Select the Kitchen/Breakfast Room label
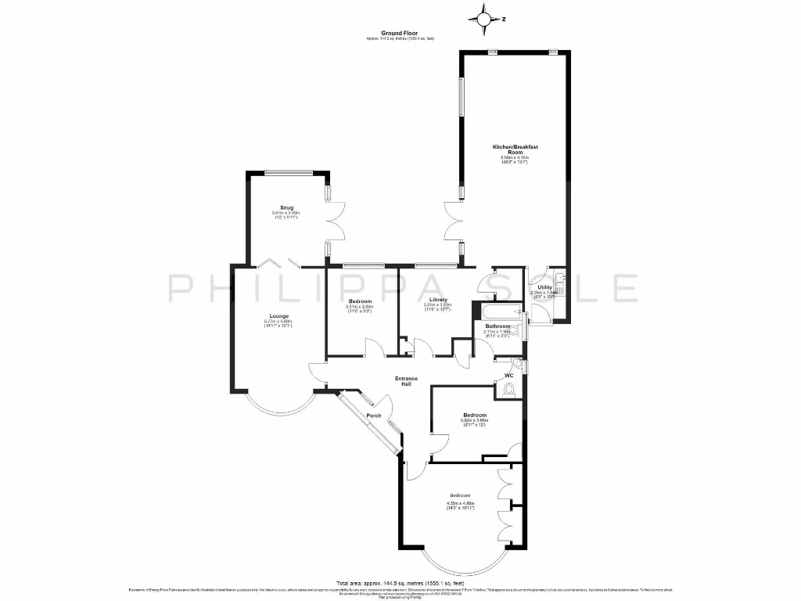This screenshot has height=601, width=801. tap(515, 149)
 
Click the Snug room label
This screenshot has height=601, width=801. tap(286, 207)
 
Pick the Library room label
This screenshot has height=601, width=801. tap(438, 300)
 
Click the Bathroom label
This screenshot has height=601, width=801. tap(497, 326)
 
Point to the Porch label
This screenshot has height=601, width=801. tap(374, 415)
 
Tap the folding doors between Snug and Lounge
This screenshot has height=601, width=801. tap(279, 262)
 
